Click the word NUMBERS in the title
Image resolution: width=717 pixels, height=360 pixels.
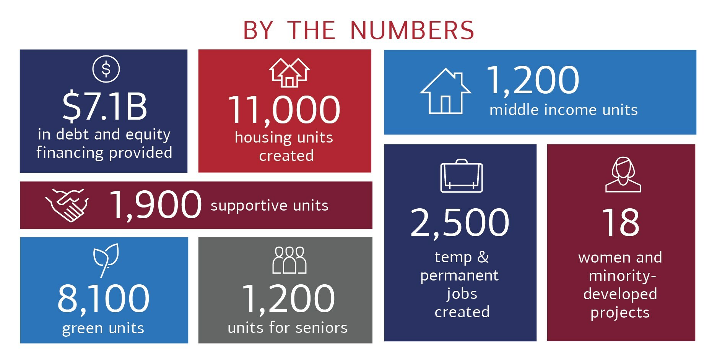click(412, 31)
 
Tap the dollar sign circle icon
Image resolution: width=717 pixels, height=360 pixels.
click(106, 69)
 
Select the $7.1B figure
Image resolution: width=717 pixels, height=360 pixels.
click(104, 106)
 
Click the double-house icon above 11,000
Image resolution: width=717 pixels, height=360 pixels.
click(289, 73)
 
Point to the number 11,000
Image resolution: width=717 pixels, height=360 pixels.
click(284, 110)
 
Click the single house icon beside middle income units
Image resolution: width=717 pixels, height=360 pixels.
click(445, 91)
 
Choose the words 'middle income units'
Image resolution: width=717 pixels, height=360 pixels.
click(563, 110)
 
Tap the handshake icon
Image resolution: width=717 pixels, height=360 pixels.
click(67, 205)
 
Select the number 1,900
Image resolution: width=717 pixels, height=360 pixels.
click(155, 205)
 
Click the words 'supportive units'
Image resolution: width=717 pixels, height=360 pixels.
click(269, 206)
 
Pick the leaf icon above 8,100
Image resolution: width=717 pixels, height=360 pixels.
click(106, 260)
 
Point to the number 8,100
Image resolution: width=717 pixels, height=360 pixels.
click(103, 298)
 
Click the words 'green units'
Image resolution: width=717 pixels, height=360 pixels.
click(103, 328)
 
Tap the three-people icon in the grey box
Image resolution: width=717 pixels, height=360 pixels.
click(289, 260)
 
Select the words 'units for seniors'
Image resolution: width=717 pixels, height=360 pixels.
click(288, 328)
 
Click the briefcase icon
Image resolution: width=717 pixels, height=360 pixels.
click(461, 176)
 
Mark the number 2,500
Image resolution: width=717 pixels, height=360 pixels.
click(460, 222)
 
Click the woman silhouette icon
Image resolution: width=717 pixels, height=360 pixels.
click(623, 174)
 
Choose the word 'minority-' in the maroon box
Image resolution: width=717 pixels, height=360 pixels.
click(622, 276)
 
